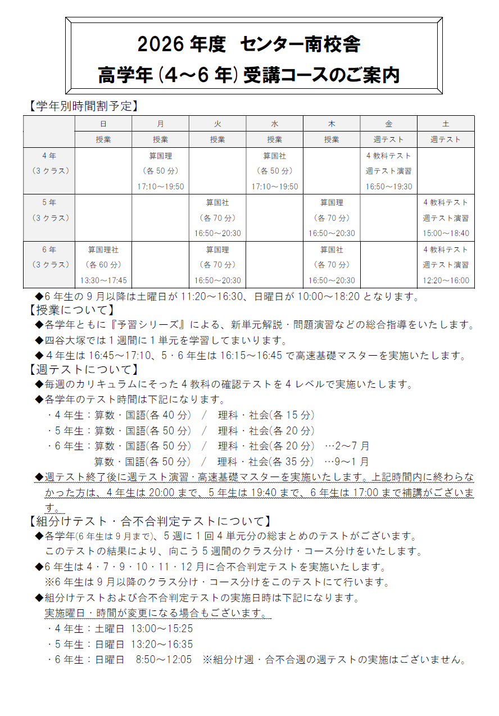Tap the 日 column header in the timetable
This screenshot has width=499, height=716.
pyautogui.click(x=103, y=124)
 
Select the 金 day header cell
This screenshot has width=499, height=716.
pyautogui.click(x=389, y=124)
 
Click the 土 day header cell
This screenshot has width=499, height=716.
pyautogui.click(x=446, y=124)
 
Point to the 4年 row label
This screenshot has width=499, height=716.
pyautogui.click(x=49, y=156)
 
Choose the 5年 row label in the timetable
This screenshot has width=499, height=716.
pyautogui.click(x=49, y=202)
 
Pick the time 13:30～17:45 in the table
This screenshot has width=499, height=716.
pyautogui.click(x=103, y=280)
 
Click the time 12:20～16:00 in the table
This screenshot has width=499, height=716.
pyautogui.click(x=446, y=280)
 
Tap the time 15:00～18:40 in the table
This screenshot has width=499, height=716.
pyautogui.click(x=446, y=233)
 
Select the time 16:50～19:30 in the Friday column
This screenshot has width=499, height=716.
pyautogui.click(x=389, y=187)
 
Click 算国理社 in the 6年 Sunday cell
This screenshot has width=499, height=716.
pyautogui.click(x=103, y=249)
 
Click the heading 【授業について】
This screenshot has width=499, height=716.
pyautogui.click(x=71, y=310)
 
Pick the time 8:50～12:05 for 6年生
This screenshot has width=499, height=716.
pyautogui.click(x=164, y=659)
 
